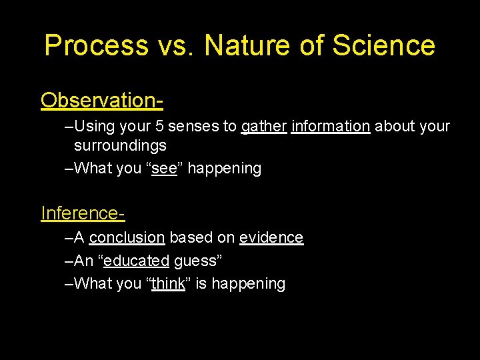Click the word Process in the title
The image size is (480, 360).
coord(97,46)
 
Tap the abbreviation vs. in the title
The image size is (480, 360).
coord(176,46)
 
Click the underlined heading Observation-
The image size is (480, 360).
coord(102,101)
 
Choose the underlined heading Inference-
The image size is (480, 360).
coord(83,213)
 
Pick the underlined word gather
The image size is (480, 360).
coord(263,127)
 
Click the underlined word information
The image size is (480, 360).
coord(330,127)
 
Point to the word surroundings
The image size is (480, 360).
coord(120,145)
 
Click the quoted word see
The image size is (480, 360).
coord(163,169)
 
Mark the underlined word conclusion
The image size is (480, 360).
coord(127,238)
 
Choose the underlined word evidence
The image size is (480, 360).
coord(271,238)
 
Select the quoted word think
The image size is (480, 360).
coord(168,284)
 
